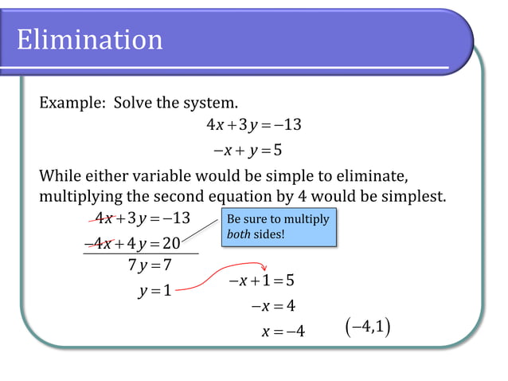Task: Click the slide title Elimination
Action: coord(89,39)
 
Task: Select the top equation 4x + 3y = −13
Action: coord(253,125)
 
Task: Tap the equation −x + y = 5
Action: coord(248,149)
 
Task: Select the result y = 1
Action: coord(154,291)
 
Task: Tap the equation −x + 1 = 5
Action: coord(261,281)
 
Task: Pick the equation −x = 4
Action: coord(272,305)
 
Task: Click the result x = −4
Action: coord(283,331)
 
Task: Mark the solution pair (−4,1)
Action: coord(368,327)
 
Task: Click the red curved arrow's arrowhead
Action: coord(265,270)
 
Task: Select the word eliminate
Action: coord(377,175)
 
